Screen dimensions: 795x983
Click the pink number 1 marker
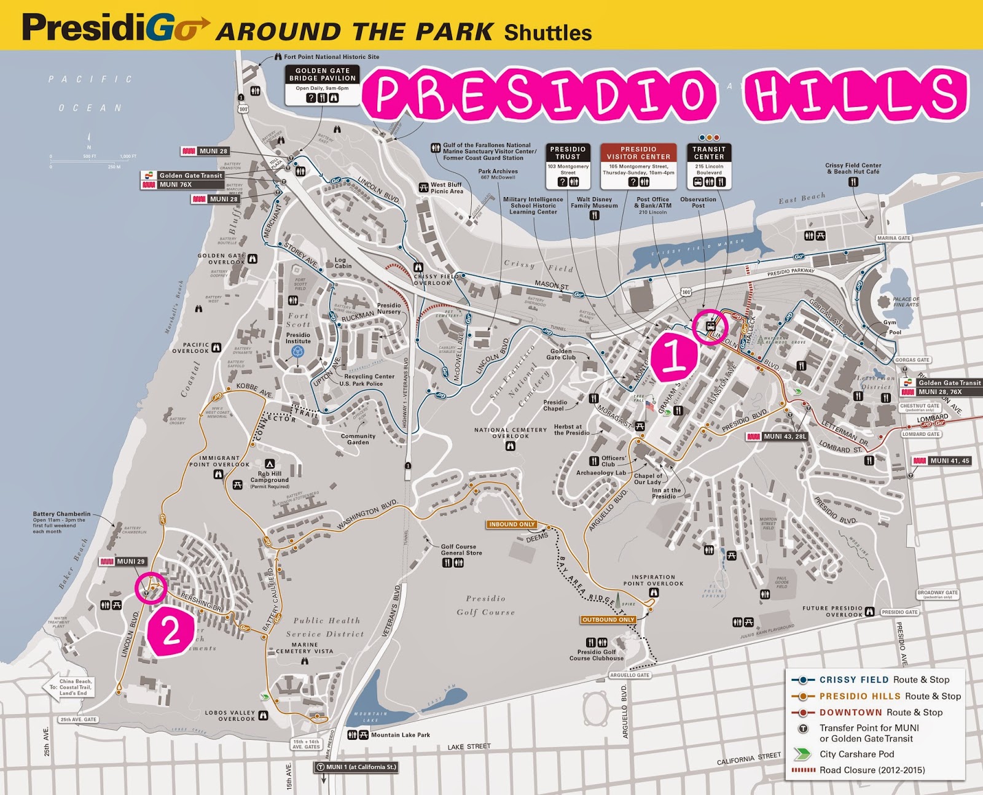(673, 356)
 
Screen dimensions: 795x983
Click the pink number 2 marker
(170, 631)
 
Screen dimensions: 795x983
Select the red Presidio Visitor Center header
(638, 153)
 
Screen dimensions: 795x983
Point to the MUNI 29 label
(123, 561)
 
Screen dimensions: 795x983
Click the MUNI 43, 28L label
(776, 436)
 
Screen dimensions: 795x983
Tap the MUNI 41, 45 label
(942, 460)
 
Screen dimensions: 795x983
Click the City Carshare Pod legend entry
(856, 754)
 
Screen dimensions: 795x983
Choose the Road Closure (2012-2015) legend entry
(872, 770)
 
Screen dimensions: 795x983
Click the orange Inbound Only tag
(512, 524)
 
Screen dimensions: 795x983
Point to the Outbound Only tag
(608, 619)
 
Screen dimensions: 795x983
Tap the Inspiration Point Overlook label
(653, 580)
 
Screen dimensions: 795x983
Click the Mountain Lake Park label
(400, 735)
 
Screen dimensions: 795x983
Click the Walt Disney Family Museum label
(594, 203)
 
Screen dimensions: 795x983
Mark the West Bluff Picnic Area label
(446, 188)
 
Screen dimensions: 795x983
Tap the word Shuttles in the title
(547, 33)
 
